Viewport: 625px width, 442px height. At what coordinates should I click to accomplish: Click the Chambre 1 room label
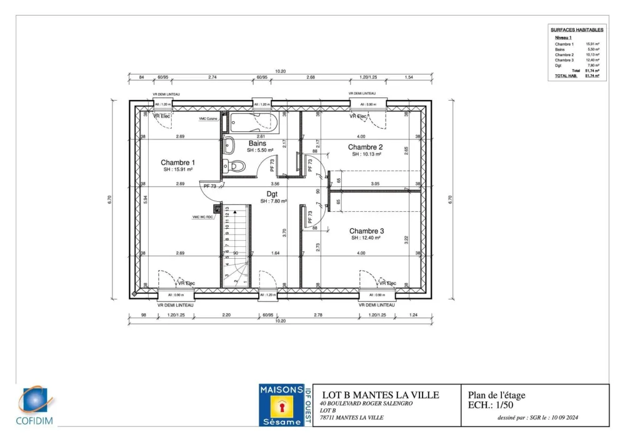pos(177,163)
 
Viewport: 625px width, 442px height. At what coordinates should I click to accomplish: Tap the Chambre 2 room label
pos(365,147)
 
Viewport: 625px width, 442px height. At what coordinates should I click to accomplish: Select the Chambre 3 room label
pos(366,231)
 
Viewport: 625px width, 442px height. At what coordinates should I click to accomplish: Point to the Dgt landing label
pos(272,194)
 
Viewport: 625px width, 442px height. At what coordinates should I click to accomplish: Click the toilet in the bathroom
pos(235,166)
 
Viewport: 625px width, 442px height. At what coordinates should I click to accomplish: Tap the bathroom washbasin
pos(228,145)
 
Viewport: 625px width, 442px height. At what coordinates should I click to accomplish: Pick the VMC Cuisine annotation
pos(208,119)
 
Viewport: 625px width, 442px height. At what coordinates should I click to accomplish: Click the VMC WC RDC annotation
pos(203,217)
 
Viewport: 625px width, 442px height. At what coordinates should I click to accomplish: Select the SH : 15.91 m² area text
pos(177,170)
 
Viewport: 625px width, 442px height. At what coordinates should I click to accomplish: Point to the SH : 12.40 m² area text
pos(366,238)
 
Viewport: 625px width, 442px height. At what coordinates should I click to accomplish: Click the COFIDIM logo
pos(36,406)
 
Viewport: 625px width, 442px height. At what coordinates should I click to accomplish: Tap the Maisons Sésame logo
pos(281,405)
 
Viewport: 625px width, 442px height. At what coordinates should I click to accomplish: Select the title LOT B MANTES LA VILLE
pos(380,394)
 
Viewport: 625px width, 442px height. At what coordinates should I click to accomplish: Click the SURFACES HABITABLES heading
pos(577,29)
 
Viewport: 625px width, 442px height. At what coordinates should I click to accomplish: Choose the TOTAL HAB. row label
pos(563,76)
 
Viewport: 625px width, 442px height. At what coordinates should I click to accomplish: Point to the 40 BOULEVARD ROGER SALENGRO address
pos(366,403)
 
